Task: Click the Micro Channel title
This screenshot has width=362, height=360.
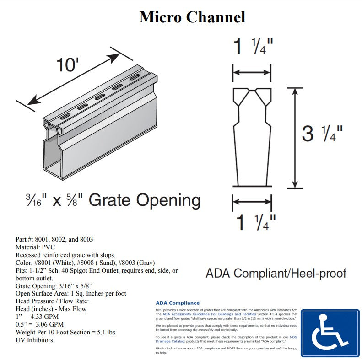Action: click(192, 17)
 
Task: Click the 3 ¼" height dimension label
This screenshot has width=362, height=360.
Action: click(322, 134)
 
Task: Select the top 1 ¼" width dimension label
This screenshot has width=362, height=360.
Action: click(253, 46)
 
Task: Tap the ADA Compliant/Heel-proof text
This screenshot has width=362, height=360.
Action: click(276, 274)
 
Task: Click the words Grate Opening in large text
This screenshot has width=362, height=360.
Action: click(144, 200)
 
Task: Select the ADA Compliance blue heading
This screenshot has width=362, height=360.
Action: click(178, 303)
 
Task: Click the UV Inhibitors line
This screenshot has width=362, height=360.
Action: click(34, 340)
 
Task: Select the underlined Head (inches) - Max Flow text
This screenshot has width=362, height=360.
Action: click(51, 309)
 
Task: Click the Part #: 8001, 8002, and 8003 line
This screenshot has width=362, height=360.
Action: click(54, 239)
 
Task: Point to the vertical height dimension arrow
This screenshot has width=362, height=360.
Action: click(296, 137)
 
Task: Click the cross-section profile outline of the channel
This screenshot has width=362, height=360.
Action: click(252, 137)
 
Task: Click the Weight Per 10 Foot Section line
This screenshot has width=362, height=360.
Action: click(66, 332)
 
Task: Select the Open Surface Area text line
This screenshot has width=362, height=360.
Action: click(71, 293)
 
